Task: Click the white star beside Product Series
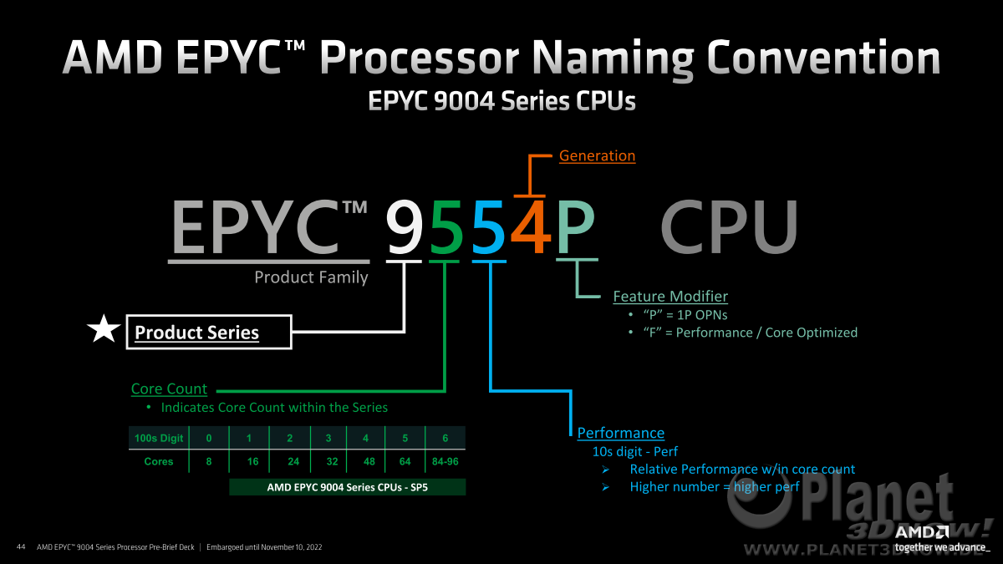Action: [104, 329]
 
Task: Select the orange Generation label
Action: [597, 155]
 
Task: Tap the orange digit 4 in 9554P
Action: [531, 227]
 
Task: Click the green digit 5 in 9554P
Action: [446, 227]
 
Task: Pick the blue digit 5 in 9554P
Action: [488, 227]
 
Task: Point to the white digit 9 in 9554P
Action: [405, 227]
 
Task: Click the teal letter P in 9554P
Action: [576, 227]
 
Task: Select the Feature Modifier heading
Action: [670, 297]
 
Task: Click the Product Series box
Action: [209, 333]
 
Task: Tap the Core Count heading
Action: [169, 389]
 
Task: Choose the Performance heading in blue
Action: [620, 433]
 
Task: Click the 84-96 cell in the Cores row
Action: [445, 461]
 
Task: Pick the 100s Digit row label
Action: [159, 438]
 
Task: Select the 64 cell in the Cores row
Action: [405, 461]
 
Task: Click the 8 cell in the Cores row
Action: [209, 461]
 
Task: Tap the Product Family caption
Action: [311, 277]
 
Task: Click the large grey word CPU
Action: [729, 227]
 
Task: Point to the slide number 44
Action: [21, 546]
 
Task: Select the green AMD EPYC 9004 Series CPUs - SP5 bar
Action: [348, 487]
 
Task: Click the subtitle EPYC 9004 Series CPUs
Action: [501, 100]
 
